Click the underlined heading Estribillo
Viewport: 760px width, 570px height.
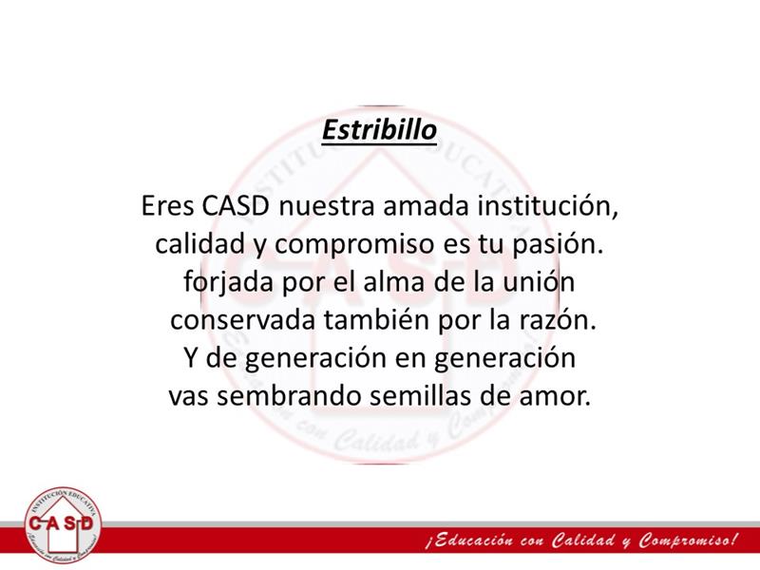pos(379,130)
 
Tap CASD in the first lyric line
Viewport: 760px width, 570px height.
pos(235,205)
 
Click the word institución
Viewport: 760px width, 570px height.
pos(548,206)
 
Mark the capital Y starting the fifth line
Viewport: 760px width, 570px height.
pos(192,358)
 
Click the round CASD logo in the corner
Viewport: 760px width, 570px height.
pos(62,525)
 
